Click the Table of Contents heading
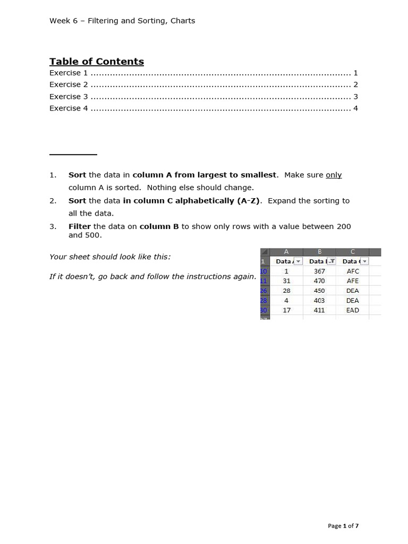[x=96, y=61]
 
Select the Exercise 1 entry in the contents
[x=69, y=73]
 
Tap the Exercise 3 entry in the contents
[x=69, y=96]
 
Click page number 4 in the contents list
[x=355, y=108]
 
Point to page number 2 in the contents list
[x=355, y=84]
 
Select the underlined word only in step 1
[x=334, y=175]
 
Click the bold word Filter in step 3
[x=80, y=226]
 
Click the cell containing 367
[x=319, y=271]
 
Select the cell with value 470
[x=319, y=280]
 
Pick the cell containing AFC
[x=353, y=271]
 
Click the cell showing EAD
[x=353, y=310]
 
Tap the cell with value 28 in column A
[x=286, y=291]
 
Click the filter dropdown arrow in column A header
[x=298, y=261]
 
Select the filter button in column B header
[x=331, y=261]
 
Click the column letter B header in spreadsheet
[x=319, y=252]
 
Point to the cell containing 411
[x=319, y=310]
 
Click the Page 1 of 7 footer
[x=343, y=525]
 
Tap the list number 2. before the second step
[x=53, y=201]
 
